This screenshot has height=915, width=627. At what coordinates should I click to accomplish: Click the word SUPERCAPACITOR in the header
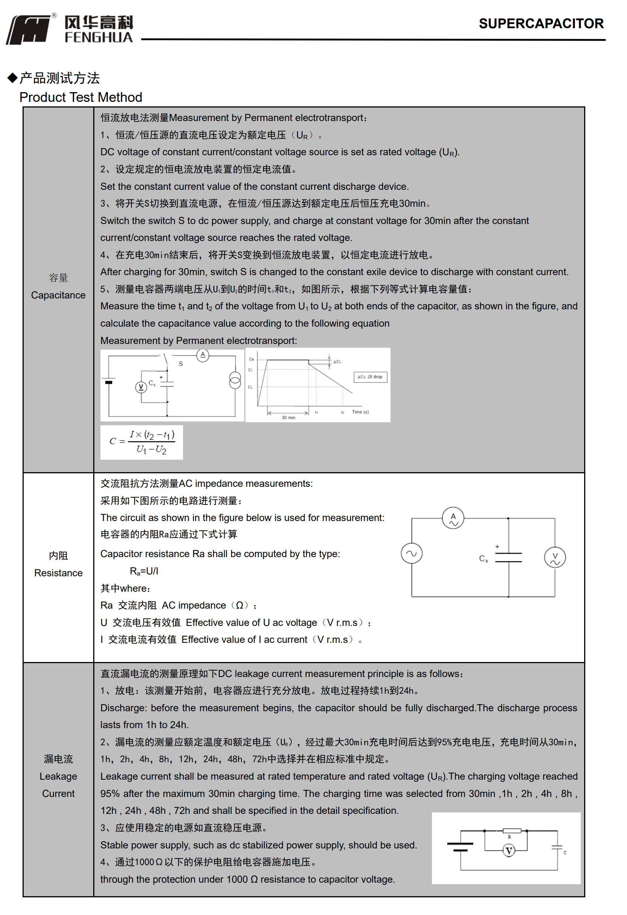[x=541, y=24]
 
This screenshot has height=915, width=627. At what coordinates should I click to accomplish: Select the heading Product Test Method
[x=81, y=97]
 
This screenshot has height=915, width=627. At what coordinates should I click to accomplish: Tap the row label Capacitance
[x=58, y=295]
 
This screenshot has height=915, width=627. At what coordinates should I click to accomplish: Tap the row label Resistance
[x=58, y=573]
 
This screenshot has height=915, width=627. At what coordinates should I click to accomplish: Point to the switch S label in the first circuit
[x=181, y=364]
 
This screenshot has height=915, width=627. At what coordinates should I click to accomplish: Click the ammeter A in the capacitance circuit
[x=203, y=355]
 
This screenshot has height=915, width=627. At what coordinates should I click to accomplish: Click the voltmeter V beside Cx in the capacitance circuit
[x=141, y=388]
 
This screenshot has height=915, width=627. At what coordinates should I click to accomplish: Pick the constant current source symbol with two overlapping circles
[x=235, y=380]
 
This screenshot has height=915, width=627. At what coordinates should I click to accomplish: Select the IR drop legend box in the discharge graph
[x=370, y=377]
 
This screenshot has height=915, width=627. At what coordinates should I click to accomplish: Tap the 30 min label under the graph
[x=289, y=417]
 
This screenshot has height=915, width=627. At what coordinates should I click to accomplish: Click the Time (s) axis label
[x=360, y=412]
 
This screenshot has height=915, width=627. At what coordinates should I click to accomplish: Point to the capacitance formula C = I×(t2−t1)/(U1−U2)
[x=142, y=442]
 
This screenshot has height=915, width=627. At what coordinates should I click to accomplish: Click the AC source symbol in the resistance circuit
[x=411, y=553]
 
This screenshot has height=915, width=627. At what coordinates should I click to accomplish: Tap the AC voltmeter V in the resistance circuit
[x=554, y=557]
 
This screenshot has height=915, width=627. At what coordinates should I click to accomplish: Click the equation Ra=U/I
[x=144, y=571]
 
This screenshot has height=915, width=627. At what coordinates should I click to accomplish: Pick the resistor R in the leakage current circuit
[x=512, y=831]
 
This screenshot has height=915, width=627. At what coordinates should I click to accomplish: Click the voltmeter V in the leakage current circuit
[x=509, y=851]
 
